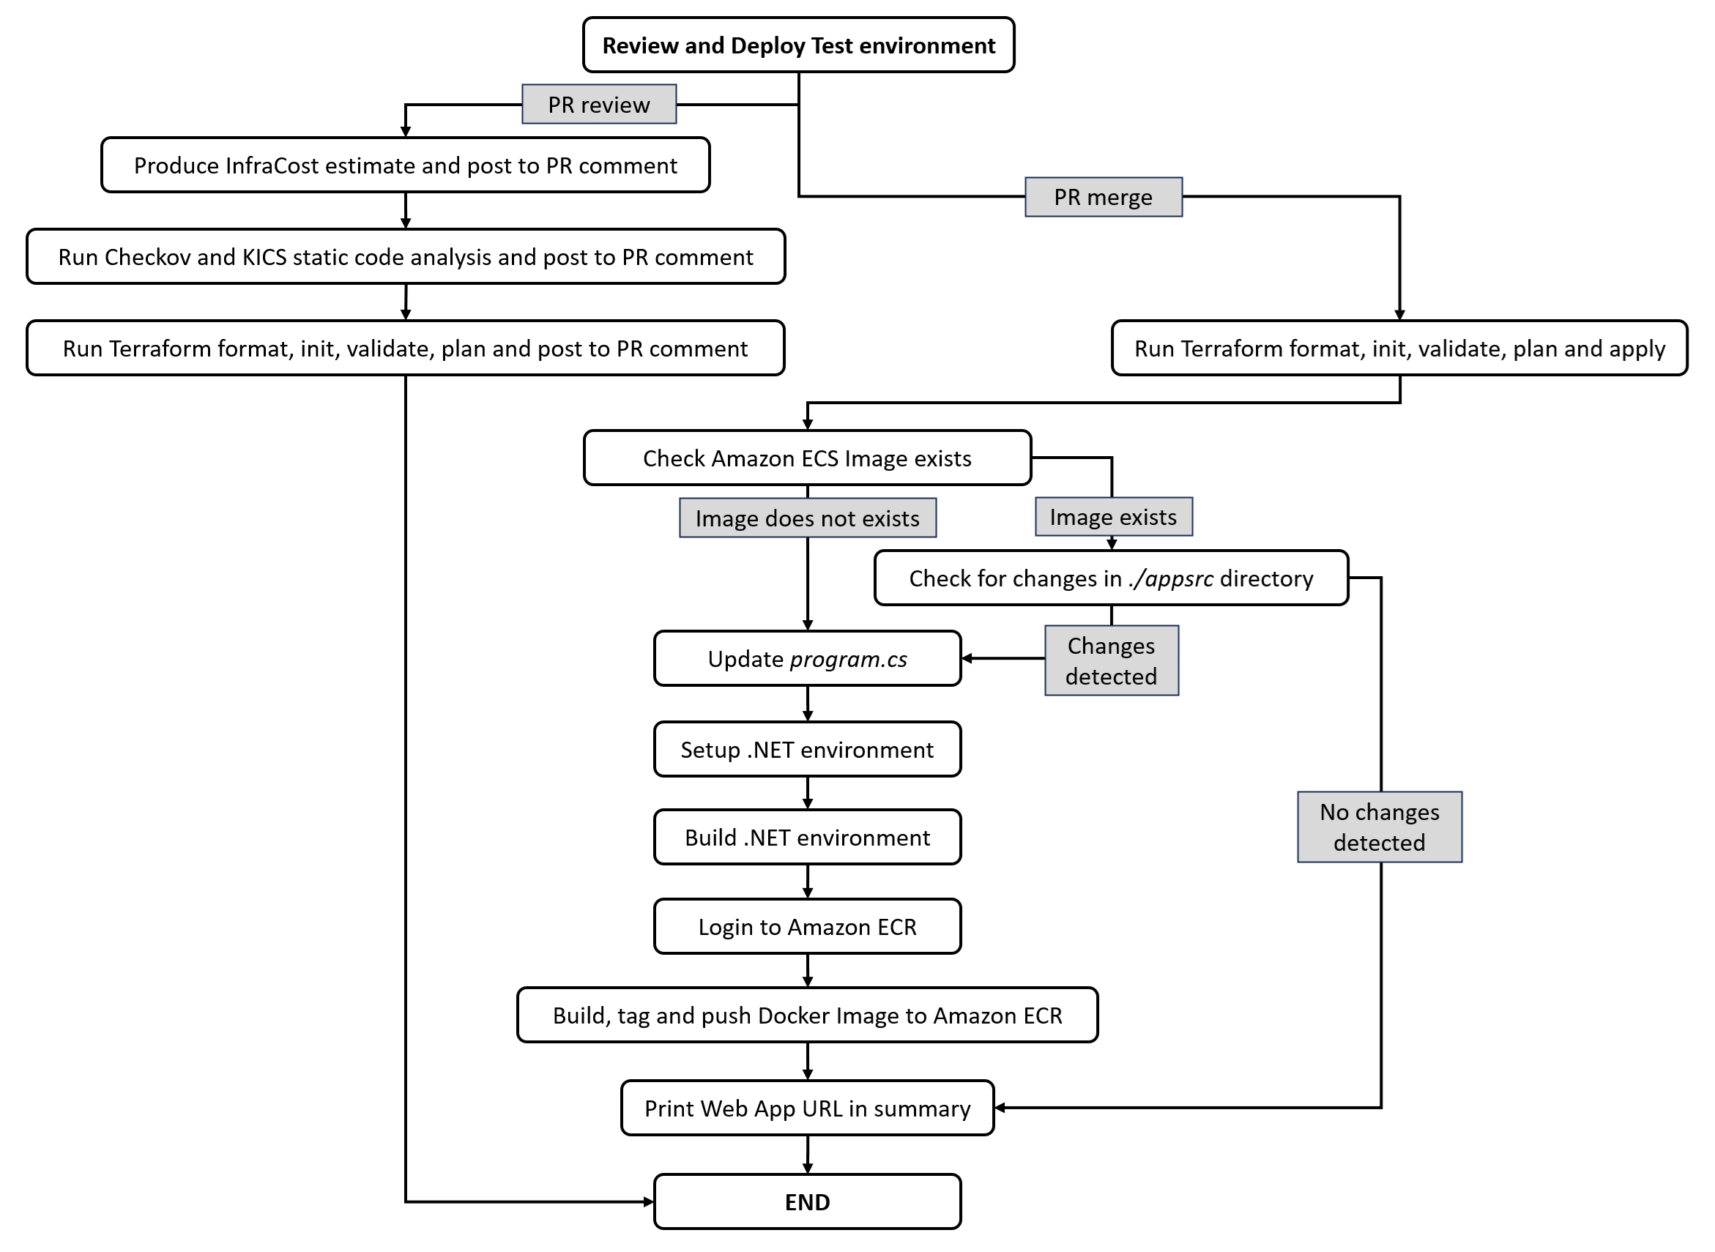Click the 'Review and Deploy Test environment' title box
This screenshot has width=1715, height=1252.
coord(798,45)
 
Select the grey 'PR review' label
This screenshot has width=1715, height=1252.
coord(599,105)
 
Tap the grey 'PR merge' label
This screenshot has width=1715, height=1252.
coord(1103,197)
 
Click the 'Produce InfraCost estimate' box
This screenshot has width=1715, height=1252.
coord(406,165)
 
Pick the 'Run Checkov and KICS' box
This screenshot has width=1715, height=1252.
coord(406,257)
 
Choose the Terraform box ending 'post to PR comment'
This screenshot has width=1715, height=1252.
coord(406,349)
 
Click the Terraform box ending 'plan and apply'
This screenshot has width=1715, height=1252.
coord(1399,349)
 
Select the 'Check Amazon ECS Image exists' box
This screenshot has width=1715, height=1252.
coord(807,458)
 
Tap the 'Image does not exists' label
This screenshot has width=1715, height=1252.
coord(807,518)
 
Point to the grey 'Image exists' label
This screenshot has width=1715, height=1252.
coord(1113,517)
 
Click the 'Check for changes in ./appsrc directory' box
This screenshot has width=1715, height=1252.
coord(1111,578)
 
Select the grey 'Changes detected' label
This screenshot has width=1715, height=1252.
coord(1111,661)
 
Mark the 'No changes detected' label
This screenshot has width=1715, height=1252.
coord(1380,827)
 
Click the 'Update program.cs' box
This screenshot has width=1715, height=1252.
coord(807,659)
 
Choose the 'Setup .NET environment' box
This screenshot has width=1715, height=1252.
coord(807,750)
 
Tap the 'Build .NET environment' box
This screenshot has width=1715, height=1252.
coord(807,838)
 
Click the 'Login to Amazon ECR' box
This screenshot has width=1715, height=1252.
coord(807,927)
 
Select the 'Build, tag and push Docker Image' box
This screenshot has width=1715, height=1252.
coord(807,1016)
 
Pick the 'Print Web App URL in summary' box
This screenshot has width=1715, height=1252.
coord(807,1108)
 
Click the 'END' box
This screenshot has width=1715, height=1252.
coord(807,1202)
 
